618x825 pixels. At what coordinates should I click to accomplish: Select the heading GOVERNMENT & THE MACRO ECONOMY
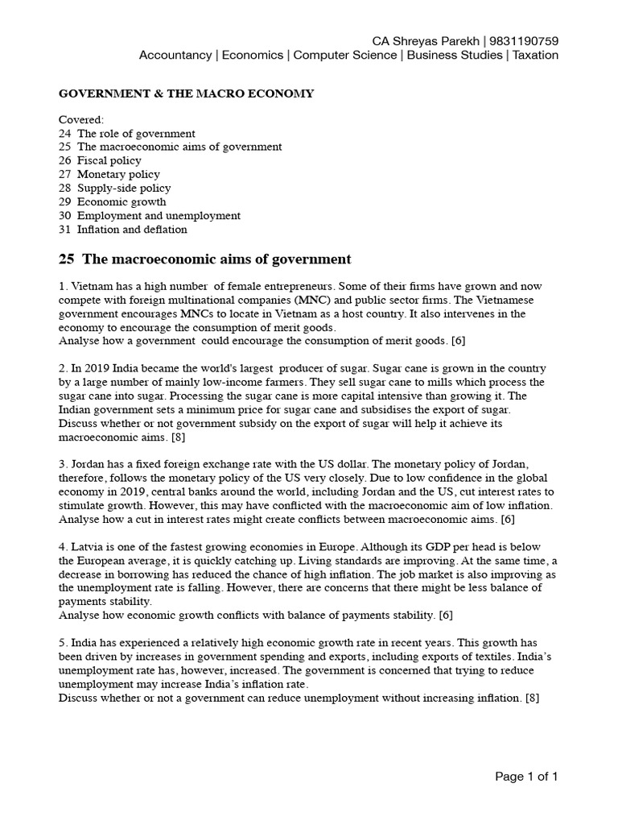coord(186,94)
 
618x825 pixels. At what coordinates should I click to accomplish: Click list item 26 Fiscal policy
coord(100,160)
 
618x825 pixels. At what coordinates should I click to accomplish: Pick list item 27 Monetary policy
coord(109,174)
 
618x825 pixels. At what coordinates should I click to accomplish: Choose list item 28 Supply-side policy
coord(114,188)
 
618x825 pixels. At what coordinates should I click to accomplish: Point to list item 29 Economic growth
coord(113,201)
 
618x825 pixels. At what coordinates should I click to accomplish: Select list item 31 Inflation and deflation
coord(123,229)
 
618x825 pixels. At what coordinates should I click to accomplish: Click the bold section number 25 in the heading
coord(67,259)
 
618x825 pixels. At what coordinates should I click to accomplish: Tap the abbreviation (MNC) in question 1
coord(291,301)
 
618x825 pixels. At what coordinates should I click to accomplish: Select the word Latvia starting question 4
coord(88,547)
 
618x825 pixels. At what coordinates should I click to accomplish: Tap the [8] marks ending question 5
coord(532,698)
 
